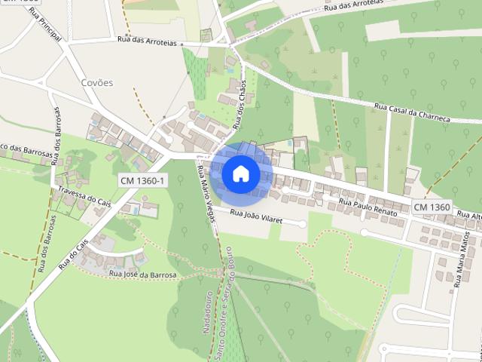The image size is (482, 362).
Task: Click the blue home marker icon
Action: click(240, 173)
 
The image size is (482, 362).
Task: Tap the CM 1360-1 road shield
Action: click(142, 181)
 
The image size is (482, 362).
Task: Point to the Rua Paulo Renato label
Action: click(368, 208)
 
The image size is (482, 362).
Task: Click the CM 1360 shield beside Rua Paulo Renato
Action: click(432, 207)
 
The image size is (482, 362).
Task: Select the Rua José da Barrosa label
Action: click(142, 275)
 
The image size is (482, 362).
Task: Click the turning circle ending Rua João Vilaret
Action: click(303, 224)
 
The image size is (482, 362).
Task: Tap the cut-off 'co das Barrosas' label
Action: click(27, 149)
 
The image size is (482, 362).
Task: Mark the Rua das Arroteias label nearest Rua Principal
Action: click(147, 43)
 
